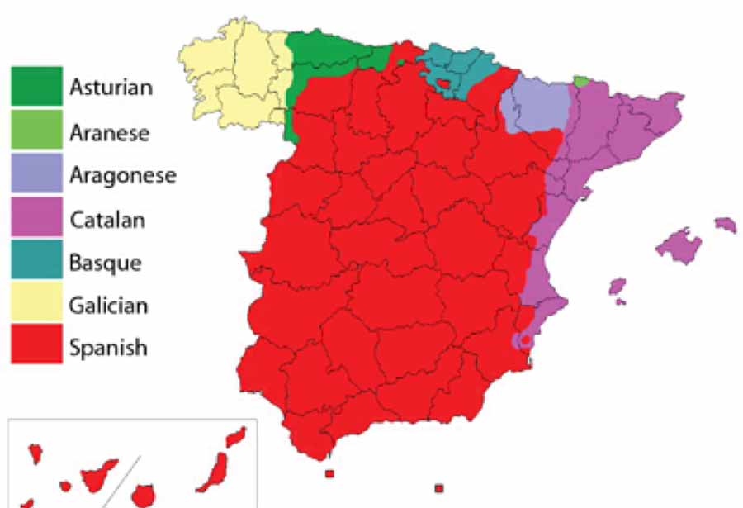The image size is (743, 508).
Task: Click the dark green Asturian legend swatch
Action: [x=36, y=86]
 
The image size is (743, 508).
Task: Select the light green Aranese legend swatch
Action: [x=36, y=130]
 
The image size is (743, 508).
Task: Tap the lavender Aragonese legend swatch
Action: [x=36, y=173]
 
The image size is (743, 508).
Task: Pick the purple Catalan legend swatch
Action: [x=36, y=218]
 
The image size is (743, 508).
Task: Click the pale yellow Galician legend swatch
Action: [x=36, y=303]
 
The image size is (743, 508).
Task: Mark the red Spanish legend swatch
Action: [x=36, y=345]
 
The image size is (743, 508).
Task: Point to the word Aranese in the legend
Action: [x=109, y=131]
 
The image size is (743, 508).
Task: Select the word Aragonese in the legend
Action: [x=123, y=174]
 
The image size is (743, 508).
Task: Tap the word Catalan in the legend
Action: [x=107, y=219]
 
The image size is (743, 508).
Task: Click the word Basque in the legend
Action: [x=106, y=263]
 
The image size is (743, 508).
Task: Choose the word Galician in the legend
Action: [x=109, y=305]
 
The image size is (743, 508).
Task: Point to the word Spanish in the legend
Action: [x=108, y=347]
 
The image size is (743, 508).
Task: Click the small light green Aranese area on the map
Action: [x=582, y=81]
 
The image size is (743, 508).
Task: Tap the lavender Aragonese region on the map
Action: [x=535, y=107]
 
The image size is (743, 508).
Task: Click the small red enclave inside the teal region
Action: [x=444, y=83]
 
